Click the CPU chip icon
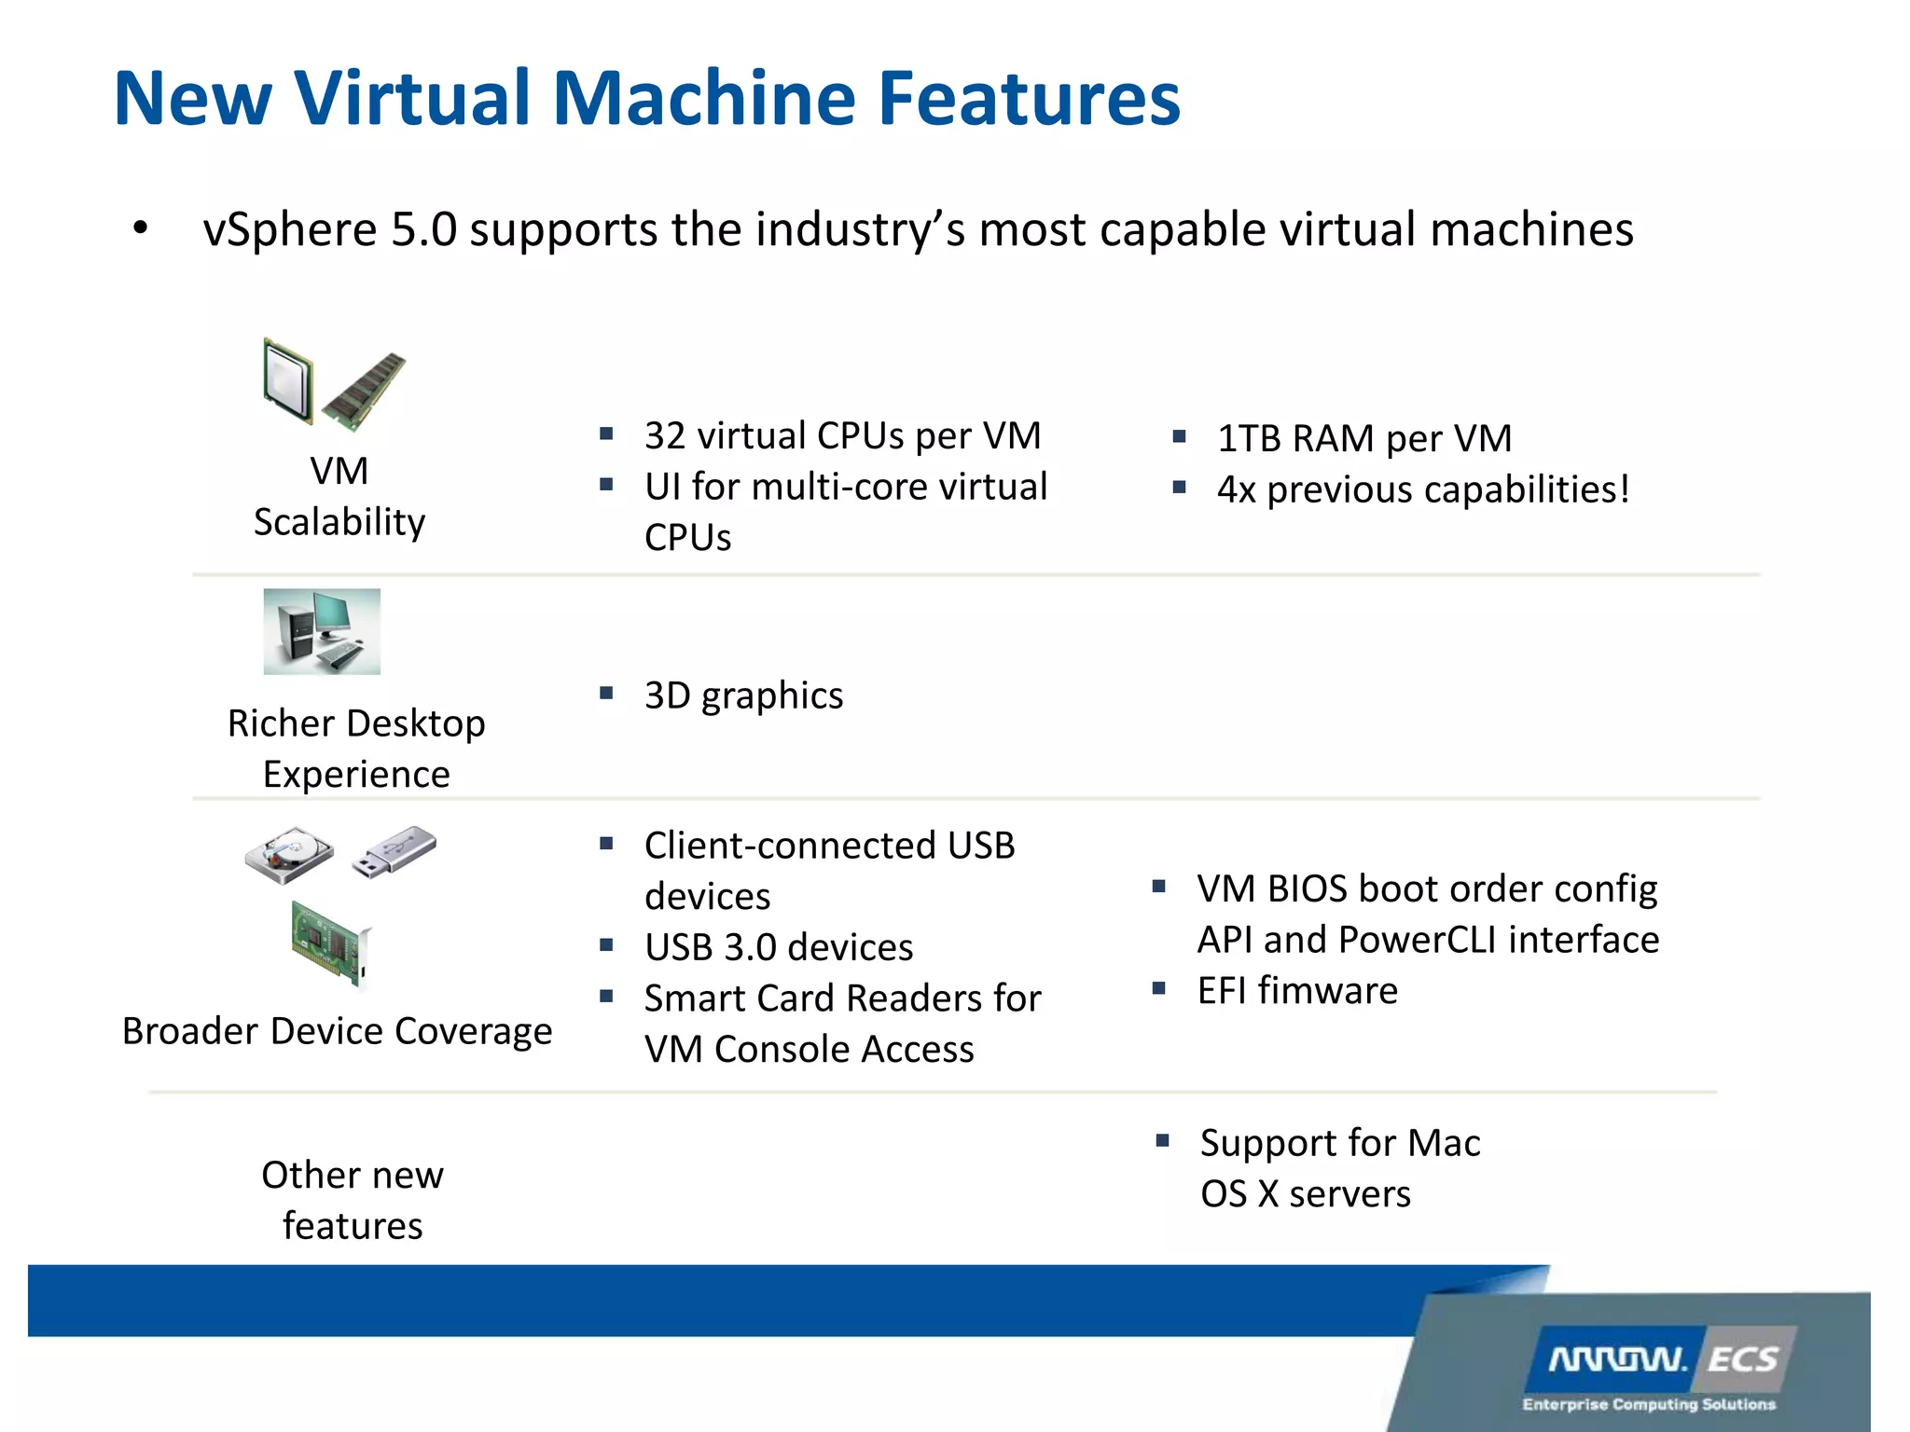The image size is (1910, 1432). [287, 381]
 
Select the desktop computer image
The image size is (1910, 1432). [322, 631]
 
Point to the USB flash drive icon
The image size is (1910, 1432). [394, 850]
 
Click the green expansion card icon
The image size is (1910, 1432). [331, 943]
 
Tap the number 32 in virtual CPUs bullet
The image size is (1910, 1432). [665, 436]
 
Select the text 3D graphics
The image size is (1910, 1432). [743, 695]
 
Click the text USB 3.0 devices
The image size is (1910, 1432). [779, 947]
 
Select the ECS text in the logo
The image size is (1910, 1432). [1742, 1359]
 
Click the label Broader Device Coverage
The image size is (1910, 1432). [337, 1031]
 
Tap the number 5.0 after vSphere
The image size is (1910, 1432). [423, 230]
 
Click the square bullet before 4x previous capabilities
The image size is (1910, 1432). [1180, 487]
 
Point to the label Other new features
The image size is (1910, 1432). [353, 1200]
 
